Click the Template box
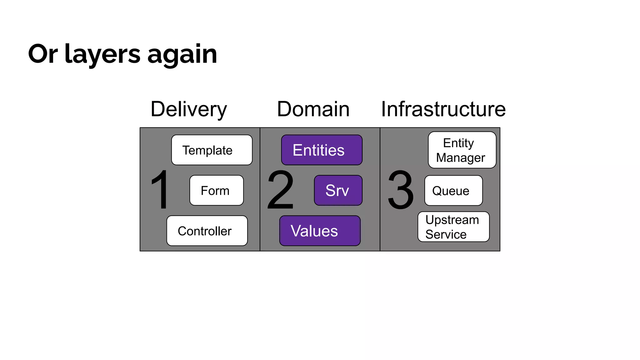coord(212,150)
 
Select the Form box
coord(216,190)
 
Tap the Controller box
coord(207,231)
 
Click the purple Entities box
coord(322,150)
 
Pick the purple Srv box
coord(338,190)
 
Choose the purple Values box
coord(320,231)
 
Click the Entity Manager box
coord(462,150)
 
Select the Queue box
coord(453,190)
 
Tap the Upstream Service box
coord(453,227)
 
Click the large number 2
coord(280,189)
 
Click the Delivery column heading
coord(188,109)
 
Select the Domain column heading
coord(313,109)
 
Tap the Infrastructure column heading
coord(443,109)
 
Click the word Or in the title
coord(43,54)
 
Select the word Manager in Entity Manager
coord(460,157)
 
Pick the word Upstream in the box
coord(452,220)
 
